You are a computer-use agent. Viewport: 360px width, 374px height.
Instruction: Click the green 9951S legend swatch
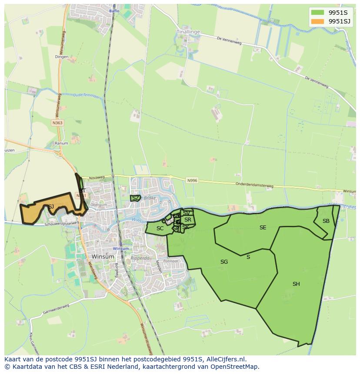point(317,13)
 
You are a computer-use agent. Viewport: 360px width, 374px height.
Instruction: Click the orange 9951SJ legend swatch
point(317,21)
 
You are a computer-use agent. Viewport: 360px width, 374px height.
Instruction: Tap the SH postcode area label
point(296,284)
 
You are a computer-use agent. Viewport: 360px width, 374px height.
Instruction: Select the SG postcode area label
point(224,262)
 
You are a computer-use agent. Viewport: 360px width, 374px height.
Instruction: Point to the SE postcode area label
point(263,228)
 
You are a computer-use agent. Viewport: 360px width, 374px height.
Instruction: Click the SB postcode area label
point(326,221)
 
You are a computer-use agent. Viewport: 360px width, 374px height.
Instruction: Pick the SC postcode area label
point(160,228)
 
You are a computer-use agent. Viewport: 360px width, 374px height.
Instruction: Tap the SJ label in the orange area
point(51,207)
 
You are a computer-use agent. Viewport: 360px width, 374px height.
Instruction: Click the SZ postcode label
point(136,198)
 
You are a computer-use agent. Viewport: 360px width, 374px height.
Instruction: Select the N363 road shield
point(57,123)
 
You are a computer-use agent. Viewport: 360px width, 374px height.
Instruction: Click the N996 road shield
point(192,180)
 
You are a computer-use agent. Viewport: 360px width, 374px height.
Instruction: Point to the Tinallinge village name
point(187,32)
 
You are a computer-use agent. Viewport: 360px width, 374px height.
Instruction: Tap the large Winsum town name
point(103,257)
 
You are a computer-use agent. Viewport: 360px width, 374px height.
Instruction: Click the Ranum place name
point(61,143)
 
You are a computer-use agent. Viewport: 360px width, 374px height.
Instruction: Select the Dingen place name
point(62,56)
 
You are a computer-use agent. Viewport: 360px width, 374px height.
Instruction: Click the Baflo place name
point(114,11)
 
